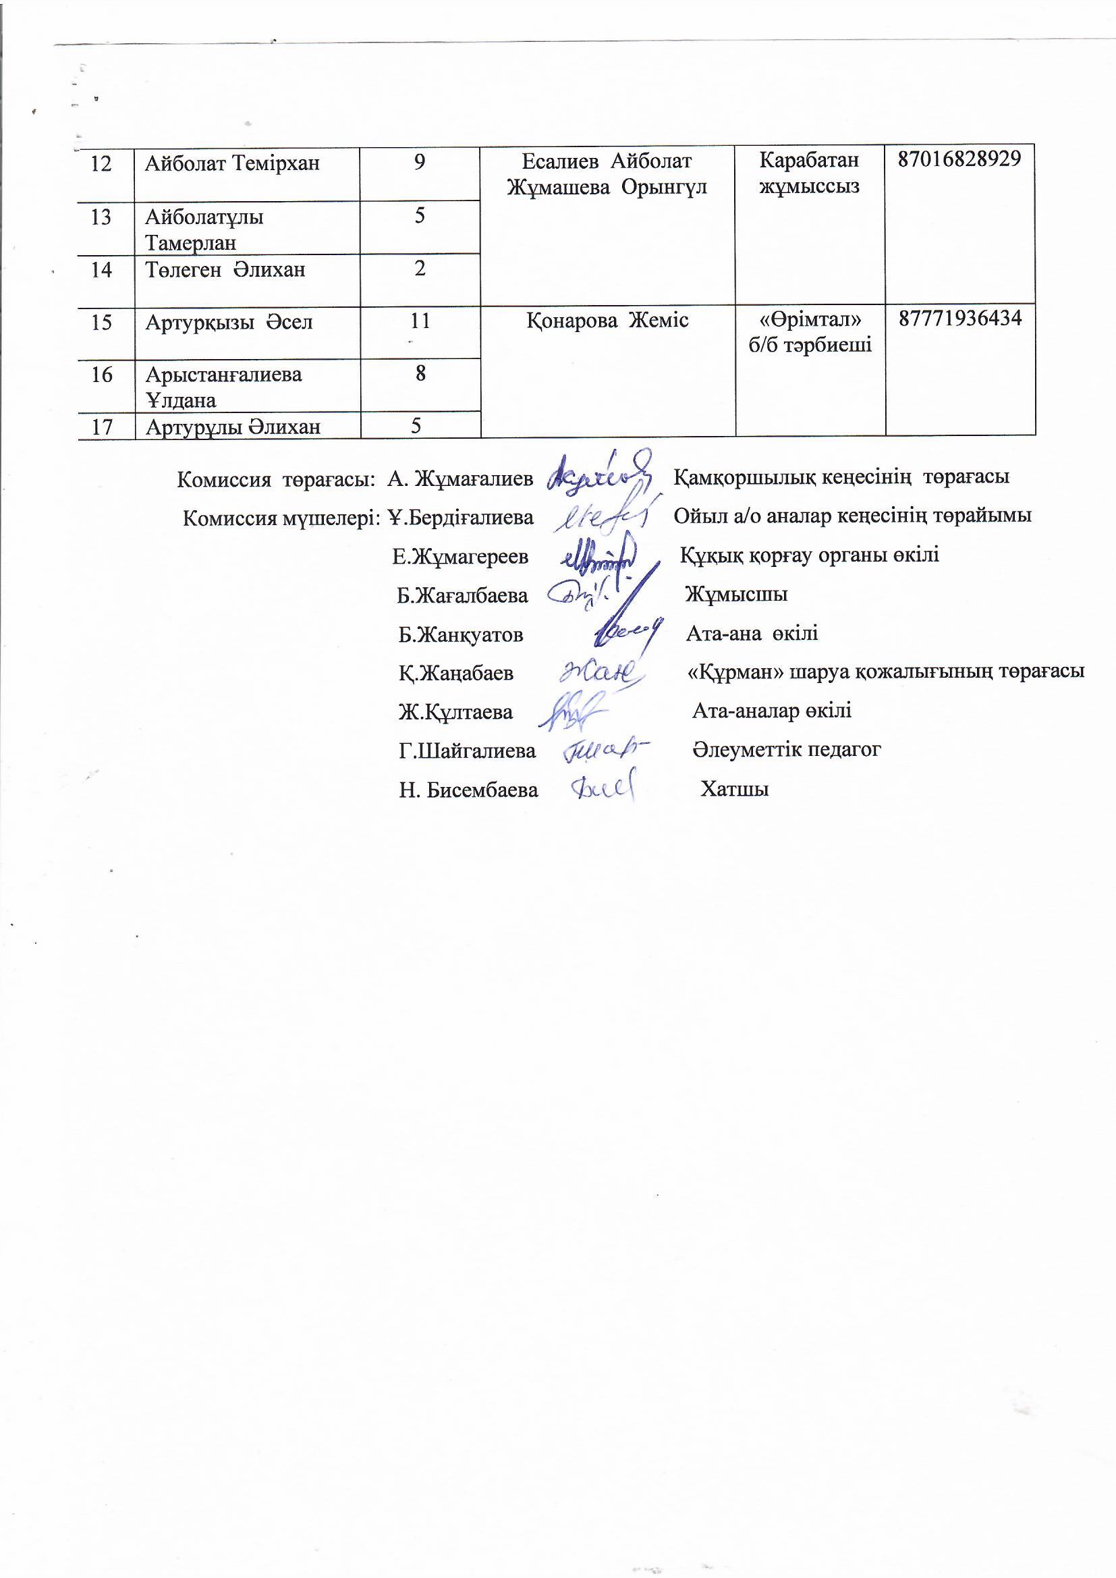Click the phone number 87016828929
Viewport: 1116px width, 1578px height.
coord(959,159)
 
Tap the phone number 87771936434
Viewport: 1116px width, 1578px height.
coord(960,318)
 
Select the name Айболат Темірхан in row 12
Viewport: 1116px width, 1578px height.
coord(232,163)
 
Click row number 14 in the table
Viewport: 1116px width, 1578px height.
coord(101,269)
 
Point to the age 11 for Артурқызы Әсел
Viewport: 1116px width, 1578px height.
coord(419,321)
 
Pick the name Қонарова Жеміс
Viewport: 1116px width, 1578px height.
coord(607,321)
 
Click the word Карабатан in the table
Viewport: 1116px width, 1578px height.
coord(809,160)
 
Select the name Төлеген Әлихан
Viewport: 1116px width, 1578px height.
coord(225,269)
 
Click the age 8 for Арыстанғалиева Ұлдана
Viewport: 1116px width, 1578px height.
coord(420,373)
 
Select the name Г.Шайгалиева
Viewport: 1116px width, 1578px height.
coord(467,751)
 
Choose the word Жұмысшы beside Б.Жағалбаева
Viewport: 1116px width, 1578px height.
coord(736,594)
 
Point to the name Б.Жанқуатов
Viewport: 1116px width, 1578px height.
coord(460,634)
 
